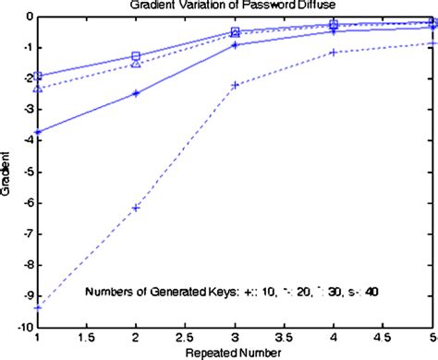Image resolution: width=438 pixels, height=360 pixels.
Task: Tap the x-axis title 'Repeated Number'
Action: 236,354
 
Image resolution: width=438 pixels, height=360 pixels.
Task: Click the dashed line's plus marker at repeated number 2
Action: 136,208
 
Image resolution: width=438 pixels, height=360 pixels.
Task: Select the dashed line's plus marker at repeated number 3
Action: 235,85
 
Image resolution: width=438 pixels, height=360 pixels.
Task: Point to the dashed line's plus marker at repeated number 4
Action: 333,53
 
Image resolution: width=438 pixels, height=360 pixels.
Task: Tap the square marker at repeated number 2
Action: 136,56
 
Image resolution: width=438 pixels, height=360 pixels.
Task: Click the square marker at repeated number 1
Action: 38,76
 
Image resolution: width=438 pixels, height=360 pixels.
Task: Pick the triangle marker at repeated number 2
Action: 136,64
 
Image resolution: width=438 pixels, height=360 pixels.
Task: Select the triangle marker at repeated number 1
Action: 38,89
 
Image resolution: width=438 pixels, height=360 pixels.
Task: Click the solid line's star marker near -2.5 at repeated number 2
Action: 136,93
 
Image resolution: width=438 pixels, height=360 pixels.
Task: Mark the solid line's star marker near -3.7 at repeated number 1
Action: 38,133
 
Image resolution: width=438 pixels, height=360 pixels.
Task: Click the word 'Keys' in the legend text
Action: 218,292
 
